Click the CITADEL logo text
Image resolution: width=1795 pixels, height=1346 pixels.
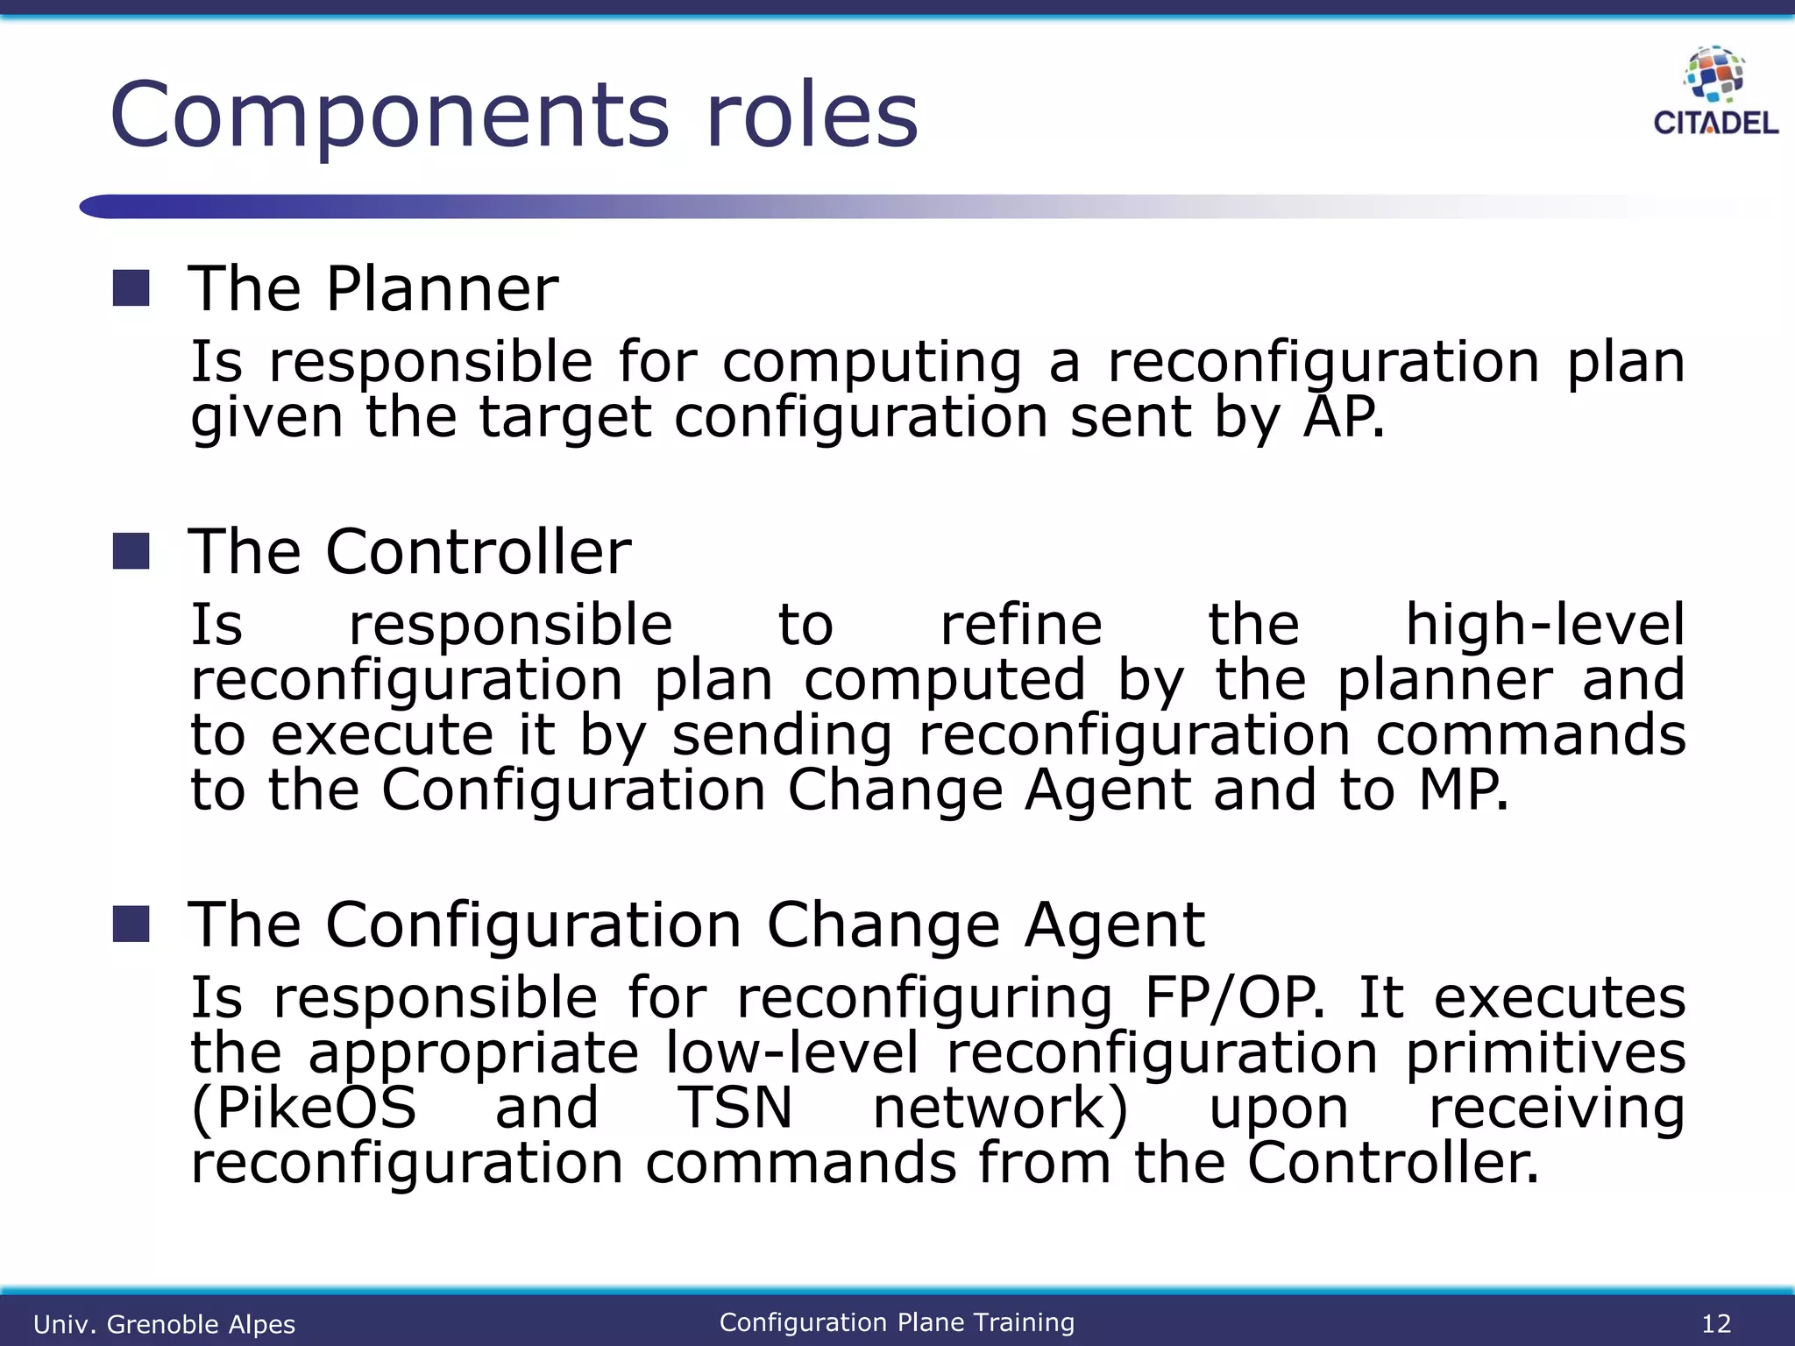tap(1715, 123)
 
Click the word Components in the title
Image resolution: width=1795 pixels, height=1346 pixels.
tap(390, 116)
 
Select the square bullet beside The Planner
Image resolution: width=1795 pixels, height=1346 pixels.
tap(131, 288)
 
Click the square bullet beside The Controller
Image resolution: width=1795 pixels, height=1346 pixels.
tap(131, 551)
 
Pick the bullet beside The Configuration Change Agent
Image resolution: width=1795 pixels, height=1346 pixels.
tap(131, 924)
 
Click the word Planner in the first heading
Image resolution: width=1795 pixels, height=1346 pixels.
tap(442, 289)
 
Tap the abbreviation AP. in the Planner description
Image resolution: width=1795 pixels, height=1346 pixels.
tap(1344, 417)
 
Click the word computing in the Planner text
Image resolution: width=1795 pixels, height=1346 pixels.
tap(872, 363)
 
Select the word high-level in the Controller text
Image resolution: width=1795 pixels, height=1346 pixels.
tap(1544, 625)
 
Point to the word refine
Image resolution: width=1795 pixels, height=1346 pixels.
tap(1021, 625)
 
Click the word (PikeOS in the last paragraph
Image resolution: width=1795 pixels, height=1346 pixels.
tap(304, 1108)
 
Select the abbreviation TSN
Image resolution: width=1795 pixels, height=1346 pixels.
tap(735, 1108)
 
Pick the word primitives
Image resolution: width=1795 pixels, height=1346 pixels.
tap(1545, 1054)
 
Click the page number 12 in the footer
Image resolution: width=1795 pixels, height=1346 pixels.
tap(1716, 1323)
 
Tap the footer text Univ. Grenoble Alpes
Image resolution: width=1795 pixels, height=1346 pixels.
tap(164, 1324)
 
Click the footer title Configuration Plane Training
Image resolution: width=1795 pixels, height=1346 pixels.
tap(897, 1322)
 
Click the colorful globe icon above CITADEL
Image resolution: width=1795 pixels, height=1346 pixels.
tap(1715, 74)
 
